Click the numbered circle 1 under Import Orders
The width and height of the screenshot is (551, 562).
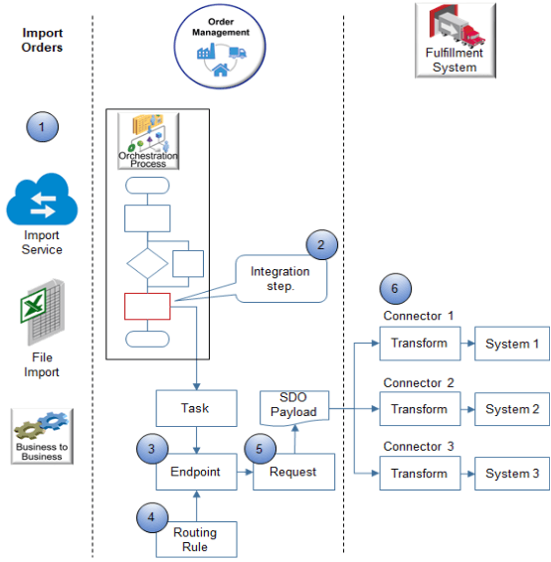(42, 126)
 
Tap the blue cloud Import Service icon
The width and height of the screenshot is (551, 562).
(42, 202)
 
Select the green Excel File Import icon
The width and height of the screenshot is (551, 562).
(42, 310)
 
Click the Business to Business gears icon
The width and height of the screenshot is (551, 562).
(42, 433)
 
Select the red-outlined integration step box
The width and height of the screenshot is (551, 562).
(147, 307)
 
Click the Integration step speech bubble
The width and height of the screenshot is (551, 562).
(279, 279)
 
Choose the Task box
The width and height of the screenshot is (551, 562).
(195, 408)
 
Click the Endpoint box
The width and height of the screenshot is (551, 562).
(195, 473)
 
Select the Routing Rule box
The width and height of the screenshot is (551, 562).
(195, 539)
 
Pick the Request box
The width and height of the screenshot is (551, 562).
(292, 473)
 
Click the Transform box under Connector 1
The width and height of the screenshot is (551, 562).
(419, 344)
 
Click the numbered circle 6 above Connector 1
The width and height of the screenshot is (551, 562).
(395, 290)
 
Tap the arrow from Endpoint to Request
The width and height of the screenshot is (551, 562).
(243, 473)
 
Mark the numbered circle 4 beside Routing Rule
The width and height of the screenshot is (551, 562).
(151, 516)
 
